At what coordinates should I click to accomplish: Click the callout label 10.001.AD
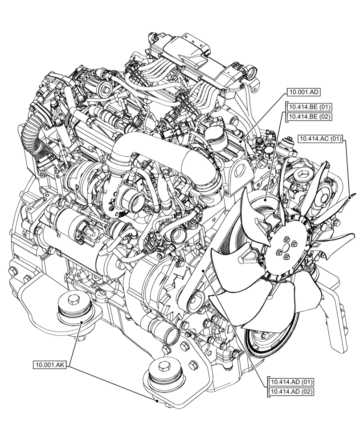point(303,92)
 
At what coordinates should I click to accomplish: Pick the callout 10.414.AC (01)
point(320,139)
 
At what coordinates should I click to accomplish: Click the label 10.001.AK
point(50,365)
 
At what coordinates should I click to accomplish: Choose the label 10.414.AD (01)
point(291,382)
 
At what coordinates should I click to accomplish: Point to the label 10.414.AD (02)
point(291,392)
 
